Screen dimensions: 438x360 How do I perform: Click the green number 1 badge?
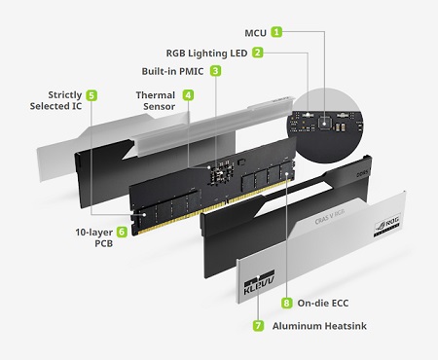[x=276, y=32]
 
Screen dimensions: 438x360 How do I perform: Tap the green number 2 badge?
[x=258, y=53]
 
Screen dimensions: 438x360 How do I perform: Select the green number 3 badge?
[x=215, y=71]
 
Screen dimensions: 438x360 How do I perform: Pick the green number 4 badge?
[x=188, y=95]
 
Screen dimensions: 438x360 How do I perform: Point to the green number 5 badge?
[x=91, y=95]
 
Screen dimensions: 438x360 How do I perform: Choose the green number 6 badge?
[x=122, y=232]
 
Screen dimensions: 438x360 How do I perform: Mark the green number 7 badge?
[x=258, y=325]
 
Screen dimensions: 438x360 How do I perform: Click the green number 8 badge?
[x=286, y=303]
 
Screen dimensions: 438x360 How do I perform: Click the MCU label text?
[x=255, y=33]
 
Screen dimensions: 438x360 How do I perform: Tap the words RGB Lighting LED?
[x=206, y=54]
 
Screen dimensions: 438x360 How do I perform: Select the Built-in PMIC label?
[x=172, y=71]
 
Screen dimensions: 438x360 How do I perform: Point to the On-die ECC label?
[x=323, y=304]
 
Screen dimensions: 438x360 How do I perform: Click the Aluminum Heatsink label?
[x=319, y=326]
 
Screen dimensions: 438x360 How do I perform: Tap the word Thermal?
[x=156, y=95]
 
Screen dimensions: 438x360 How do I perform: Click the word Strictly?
[x=65, y=95]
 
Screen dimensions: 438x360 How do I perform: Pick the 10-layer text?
[x=94, y=233]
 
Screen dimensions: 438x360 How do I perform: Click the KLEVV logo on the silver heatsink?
[x=259, y=283]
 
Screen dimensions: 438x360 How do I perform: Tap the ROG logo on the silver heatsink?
[x=387, y=225]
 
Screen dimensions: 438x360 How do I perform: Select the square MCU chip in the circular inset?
[x=324, y=122]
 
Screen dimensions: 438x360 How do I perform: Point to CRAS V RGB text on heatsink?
[x=330, y=217]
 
